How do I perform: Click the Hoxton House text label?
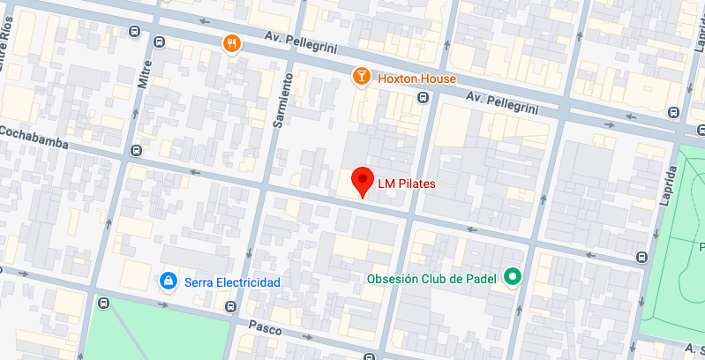point(417,78)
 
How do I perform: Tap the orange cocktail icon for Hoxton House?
point(361,77)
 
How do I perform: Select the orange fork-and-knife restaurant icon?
point(231,43)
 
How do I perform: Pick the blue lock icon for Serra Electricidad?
point(167,281)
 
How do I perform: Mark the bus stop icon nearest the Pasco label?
point(230,307)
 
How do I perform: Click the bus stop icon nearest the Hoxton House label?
point(424,98)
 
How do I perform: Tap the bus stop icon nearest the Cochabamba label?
point(135,151)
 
